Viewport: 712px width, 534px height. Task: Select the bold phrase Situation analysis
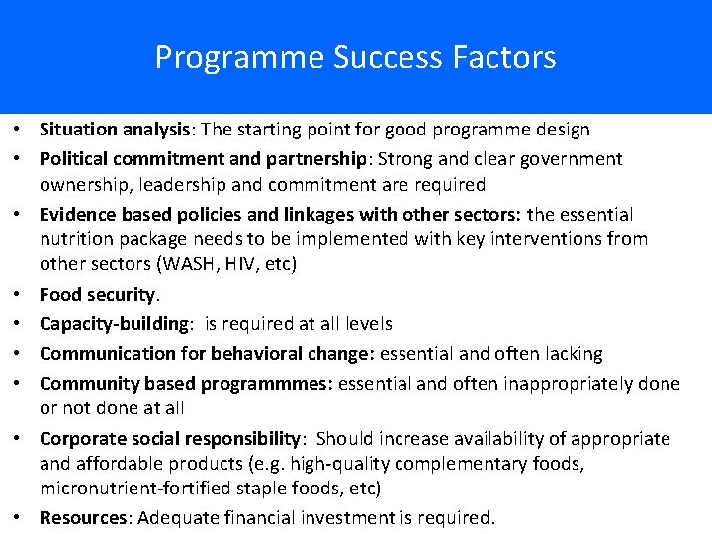coord(114,130)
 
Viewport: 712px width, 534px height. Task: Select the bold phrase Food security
coord(98,295)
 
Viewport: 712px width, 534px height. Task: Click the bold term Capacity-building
coord(114,324)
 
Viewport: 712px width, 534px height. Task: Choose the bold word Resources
coord(84,518)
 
